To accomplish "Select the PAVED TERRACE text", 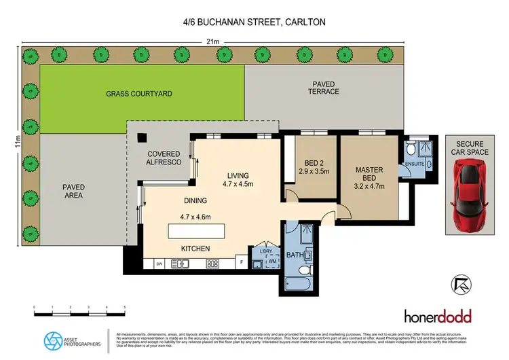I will coord(323,88).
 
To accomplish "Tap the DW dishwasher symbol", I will coord(159,264).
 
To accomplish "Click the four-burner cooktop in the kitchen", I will coord(212,264).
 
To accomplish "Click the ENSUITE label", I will coord(414,164).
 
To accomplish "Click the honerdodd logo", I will coord(437,316).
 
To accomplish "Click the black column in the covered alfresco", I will coord(140,137).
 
